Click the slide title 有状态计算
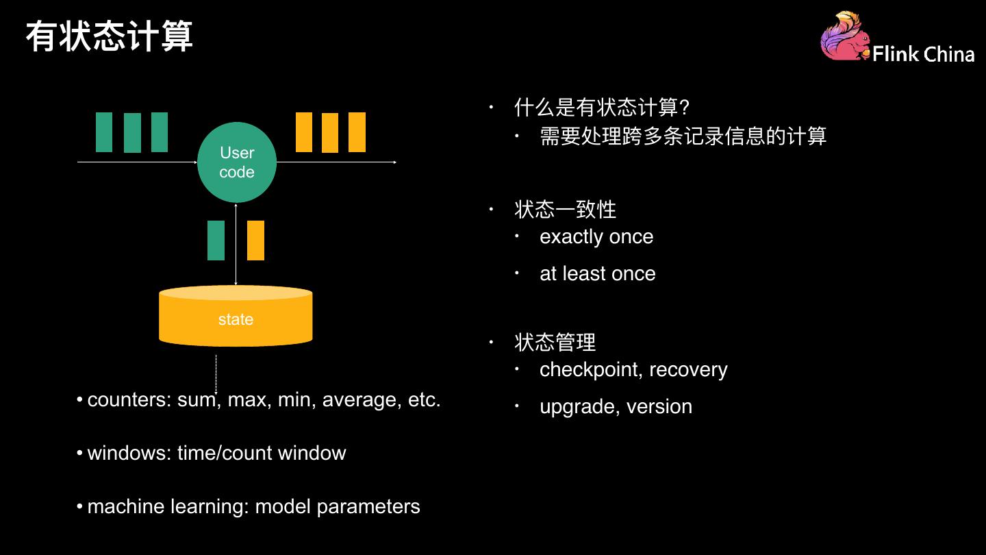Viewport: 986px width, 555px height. point(109,36)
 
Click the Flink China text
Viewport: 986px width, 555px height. point(923,54)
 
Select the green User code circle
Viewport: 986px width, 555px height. point(237,162)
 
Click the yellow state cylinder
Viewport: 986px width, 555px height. point(236,316)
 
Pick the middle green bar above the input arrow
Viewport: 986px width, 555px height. point(133,133)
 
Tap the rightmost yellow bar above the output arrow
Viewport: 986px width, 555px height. point(357,132)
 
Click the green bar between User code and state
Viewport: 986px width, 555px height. point(216,241)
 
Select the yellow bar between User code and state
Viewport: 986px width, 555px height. point(256,241)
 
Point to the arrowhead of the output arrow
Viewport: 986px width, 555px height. point(395,162)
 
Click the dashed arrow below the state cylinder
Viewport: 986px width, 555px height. point(216,374)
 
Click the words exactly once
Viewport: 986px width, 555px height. point(596,237)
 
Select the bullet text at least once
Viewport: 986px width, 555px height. point(598,273)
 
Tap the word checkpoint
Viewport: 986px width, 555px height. point(589,370)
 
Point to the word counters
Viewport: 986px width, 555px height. point(126,400)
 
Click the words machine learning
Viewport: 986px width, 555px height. point(165,507)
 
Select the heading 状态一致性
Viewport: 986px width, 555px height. point(565,209)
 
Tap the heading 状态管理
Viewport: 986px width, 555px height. point(555,343)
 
